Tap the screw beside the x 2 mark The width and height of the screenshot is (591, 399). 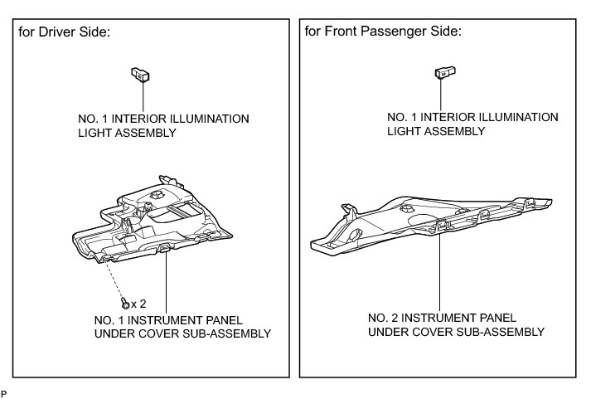tap(124, 303)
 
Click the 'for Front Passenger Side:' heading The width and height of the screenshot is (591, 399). tap(382, 32)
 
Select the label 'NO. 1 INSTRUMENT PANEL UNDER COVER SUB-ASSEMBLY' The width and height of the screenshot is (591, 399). tap(183, 327)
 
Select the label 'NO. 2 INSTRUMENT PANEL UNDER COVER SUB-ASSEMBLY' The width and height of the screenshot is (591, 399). tap(455, 324)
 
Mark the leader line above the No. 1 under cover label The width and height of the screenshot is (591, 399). tap(167, 282)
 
